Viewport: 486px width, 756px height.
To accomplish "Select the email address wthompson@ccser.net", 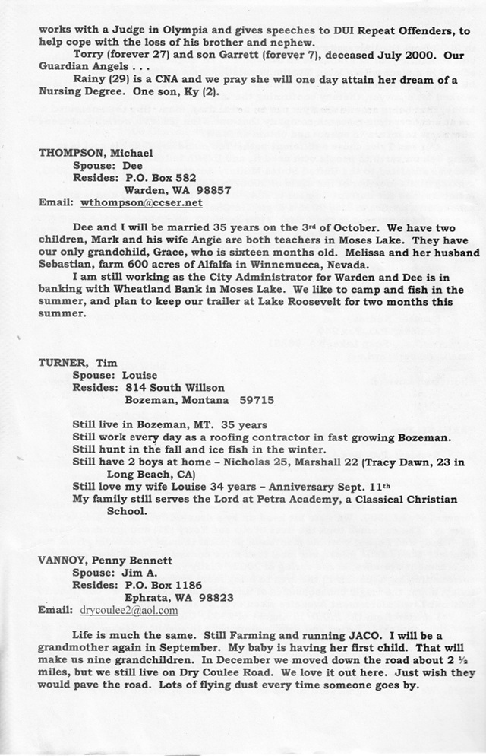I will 140,203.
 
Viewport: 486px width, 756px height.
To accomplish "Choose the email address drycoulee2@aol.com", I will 128,610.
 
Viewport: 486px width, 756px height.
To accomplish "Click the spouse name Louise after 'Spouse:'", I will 137,374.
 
